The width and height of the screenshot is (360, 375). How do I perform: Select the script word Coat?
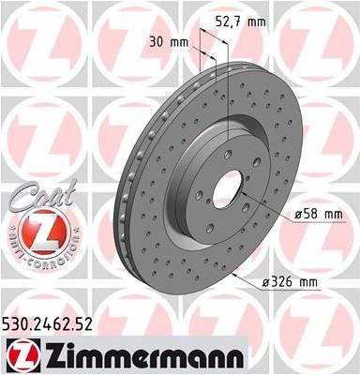tap(35, 200)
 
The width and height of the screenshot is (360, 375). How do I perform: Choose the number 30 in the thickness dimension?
tap(155, 41)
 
